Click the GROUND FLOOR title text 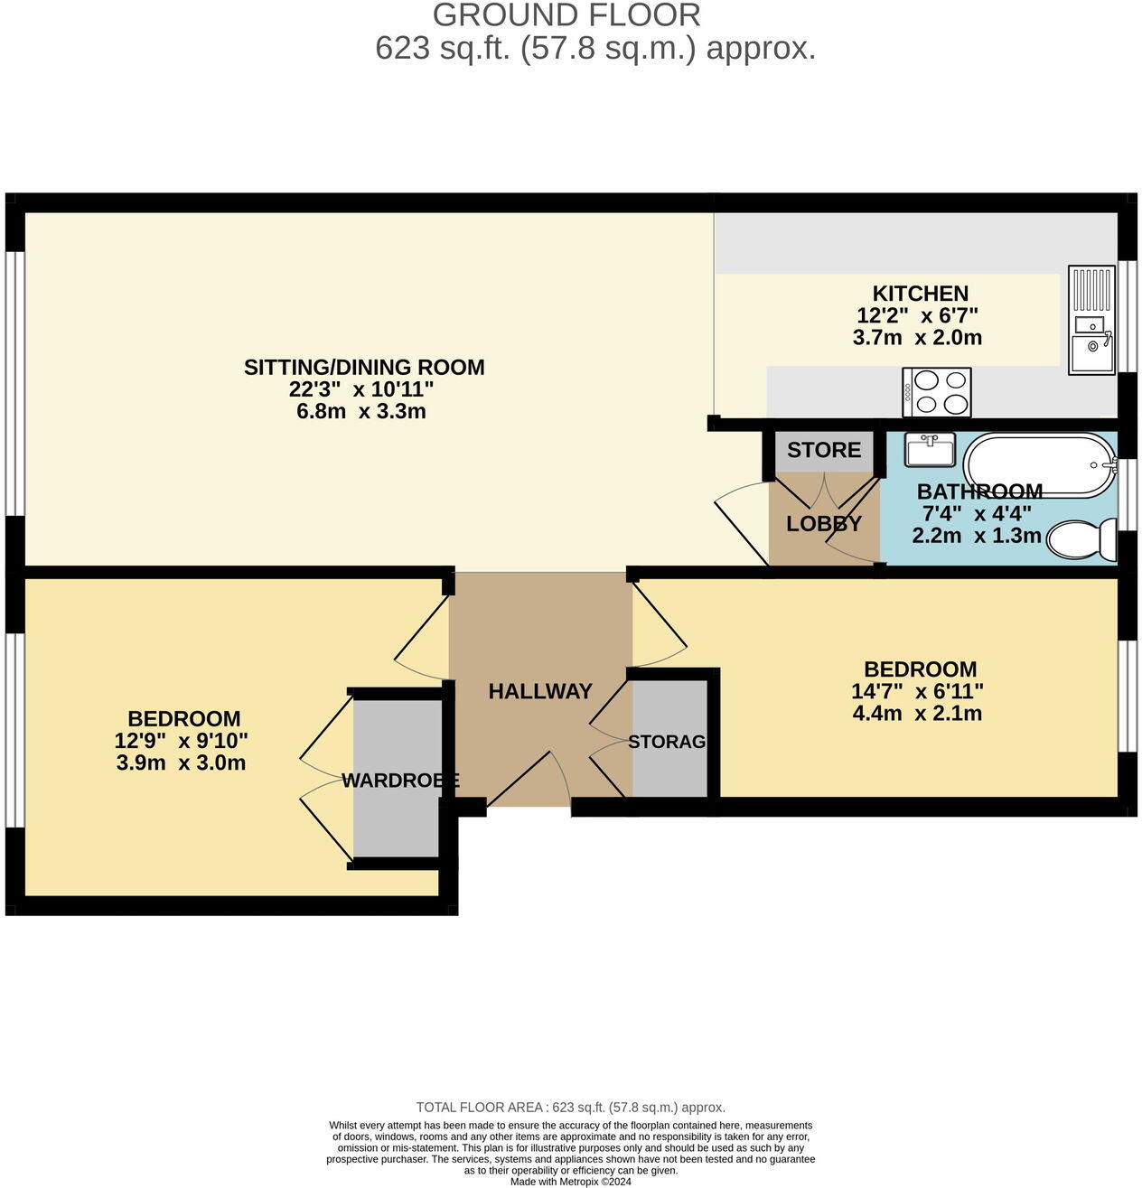[566, 15]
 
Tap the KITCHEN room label [920, 294]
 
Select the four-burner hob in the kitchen [937, 392]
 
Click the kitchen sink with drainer [1091, 320]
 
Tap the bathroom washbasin [929, 450]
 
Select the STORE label [823, 450]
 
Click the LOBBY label [823, 524]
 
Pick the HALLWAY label [540, 691]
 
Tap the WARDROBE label [399, 781]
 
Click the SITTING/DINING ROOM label [364, 368]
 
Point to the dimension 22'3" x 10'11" [361, 390]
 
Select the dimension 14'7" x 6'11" [917, 692]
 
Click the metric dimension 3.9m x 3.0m [181, 763]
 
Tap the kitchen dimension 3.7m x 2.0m [917, 338]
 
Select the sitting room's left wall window [14, 384]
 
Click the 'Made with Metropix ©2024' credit [570, 1181]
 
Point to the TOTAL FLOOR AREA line [570, 1107]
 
